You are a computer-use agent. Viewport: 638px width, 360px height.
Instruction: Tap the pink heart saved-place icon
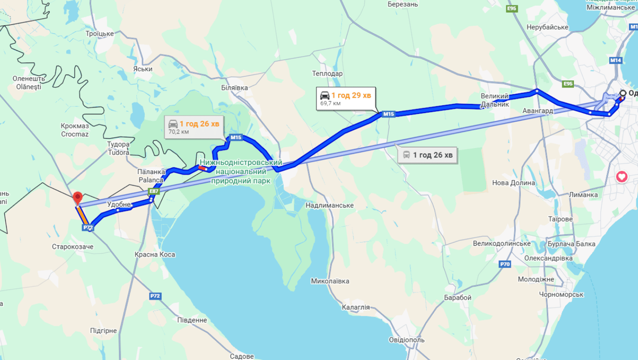tap(622, 177)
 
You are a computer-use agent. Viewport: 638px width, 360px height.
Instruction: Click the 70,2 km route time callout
tap(194, 127)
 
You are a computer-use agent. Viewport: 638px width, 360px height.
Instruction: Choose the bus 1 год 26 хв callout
tap(428, 155)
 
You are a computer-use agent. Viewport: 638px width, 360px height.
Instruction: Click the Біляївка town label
tap(235, 88)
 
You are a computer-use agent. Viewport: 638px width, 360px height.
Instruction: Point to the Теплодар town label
tap(327, 74)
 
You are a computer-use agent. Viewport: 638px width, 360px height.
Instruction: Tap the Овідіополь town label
tap(407, 340)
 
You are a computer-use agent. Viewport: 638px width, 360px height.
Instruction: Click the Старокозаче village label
tap(73, 247)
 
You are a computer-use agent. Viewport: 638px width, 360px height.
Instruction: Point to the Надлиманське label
tap(329, 205)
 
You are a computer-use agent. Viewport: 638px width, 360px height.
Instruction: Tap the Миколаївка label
tap(330, 281)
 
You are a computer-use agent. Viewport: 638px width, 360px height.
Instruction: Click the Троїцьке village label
tap(100, 33)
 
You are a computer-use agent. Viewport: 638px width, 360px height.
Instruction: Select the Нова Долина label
tap(513, 183)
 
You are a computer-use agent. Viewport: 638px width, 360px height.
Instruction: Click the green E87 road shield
tap(153, 191)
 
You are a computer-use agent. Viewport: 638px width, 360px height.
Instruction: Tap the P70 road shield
tap(505, 264)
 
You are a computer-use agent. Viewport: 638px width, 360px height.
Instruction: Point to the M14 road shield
tap(616, 60)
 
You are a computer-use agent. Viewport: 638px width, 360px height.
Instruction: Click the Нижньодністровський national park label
tap(241, 172)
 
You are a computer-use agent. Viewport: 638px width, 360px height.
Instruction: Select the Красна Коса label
tap(155, 255)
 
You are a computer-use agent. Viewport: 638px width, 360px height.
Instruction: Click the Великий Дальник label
tap(495, 100)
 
